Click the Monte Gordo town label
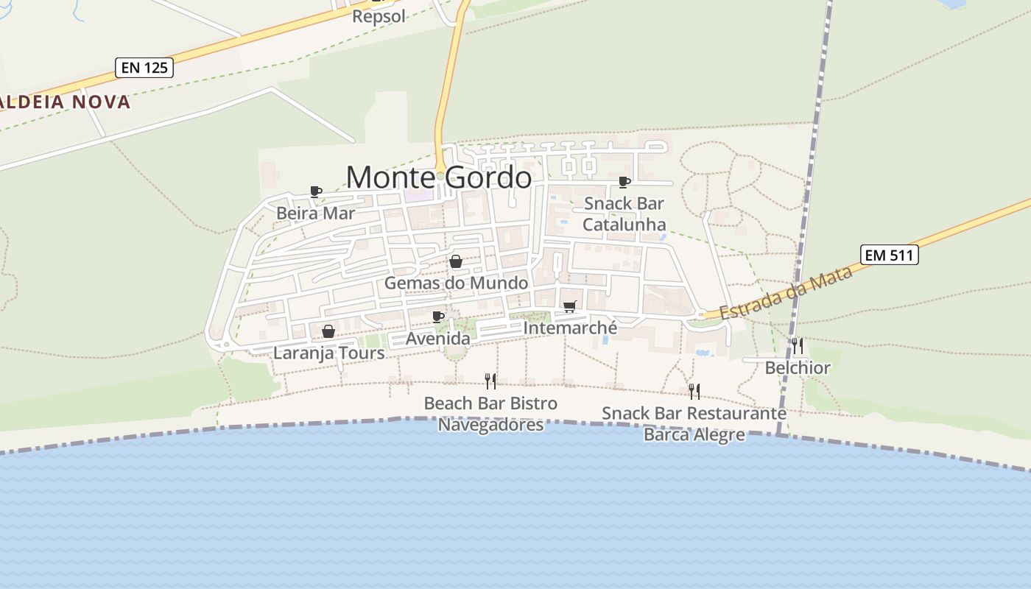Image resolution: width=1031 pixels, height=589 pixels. point(439,177)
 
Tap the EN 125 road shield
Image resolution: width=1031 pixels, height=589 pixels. point(144,68)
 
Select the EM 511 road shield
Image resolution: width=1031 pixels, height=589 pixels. point(890,255)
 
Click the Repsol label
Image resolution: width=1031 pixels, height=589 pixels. point(379,15)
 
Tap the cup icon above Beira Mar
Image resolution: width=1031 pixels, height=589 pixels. point(316,192)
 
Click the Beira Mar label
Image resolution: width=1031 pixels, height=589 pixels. point(315,214)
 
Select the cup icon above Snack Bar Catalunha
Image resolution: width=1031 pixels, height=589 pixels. point(624,182)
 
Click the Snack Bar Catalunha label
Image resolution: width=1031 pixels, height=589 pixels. point(624,214)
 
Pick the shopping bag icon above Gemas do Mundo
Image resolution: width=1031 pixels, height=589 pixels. point(456,262)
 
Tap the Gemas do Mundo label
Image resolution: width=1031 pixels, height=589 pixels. point(456,283)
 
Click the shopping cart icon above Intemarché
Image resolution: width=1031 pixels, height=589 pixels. point(569,307)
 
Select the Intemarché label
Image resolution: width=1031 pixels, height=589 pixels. point(570,328)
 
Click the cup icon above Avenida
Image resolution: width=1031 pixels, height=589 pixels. point(438,317)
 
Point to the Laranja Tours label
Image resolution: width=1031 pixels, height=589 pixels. point(328,353)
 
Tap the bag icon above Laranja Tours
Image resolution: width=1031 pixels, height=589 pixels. point(328,332)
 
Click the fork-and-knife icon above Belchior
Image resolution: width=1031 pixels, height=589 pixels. point(798,346)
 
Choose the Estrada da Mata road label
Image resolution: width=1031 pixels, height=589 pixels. point(786,292)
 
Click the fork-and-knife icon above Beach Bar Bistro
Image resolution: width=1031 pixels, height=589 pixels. point(490,381)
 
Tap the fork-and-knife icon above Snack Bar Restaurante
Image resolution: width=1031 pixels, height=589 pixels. point(694,392)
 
